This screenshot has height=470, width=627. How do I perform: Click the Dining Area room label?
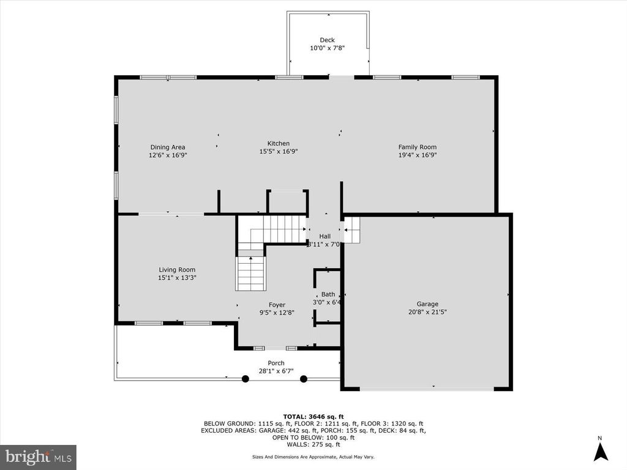point(168,147)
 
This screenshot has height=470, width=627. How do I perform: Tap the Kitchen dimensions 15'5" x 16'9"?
point(279,152)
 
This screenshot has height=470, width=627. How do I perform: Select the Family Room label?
point(417,147)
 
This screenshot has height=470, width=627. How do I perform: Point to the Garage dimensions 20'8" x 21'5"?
point(427,311)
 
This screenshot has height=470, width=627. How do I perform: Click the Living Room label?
point(177,270)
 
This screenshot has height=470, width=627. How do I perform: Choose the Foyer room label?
point(277,305)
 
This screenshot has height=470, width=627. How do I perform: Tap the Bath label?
point(328,294)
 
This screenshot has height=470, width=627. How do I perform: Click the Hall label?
point(325,236)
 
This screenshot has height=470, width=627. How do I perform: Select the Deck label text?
point(327,40)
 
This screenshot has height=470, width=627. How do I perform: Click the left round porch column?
point(246,379)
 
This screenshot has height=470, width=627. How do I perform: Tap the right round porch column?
point(304,379)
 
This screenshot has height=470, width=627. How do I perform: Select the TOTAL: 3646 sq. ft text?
point(313,416)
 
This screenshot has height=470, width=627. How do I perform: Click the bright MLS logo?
point(38,457)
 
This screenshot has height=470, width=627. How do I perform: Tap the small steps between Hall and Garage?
point(352,231)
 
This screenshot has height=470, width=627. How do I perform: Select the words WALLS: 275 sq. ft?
point(313,444)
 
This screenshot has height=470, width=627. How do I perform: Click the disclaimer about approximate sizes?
point(313,457)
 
